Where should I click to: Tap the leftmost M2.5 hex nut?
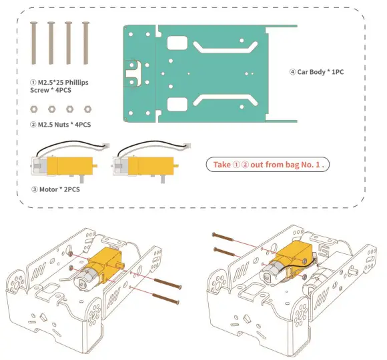pos(34,108)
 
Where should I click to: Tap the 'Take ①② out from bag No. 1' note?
pos(270,164)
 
